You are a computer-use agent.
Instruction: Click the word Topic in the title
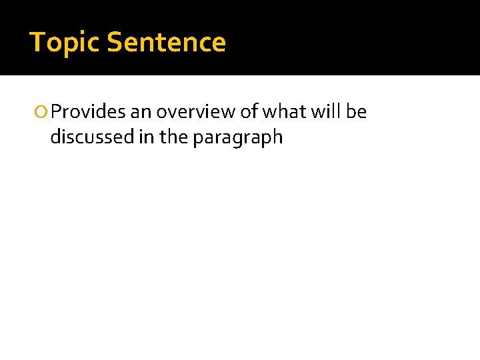(x=65, y=43)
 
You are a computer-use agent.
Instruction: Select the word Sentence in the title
(x=166, y=43)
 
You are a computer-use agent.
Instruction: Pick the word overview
(x=195, y=112)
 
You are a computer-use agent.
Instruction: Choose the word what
(x=285, y=112)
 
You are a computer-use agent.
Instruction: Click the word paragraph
(x=238, y=138)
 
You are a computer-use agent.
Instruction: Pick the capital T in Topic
(x=37, y=43)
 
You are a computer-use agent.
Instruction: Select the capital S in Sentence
(x=114, y=43)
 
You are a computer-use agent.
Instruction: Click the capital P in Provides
(x=55, y=112)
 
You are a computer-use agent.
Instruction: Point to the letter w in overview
(x=227, y=113)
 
